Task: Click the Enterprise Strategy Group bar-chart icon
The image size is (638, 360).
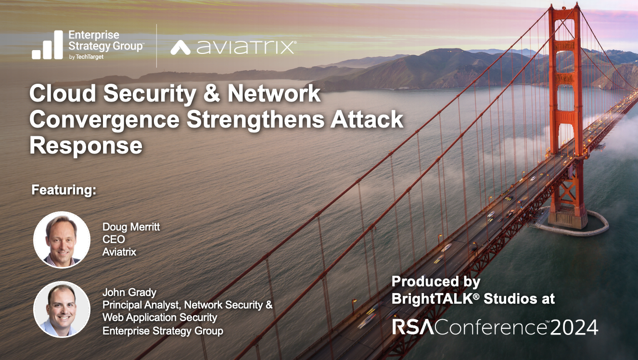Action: (47, 45)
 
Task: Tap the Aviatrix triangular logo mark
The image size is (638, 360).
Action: (180, 47)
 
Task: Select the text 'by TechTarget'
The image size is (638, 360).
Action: (86, 57)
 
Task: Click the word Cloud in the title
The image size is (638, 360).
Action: (63, 93)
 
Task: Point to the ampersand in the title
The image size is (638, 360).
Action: (212, 93)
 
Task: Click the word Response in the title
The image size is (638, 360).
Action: (86, 146)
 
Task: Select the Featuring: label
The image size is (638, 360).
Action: (64, 190)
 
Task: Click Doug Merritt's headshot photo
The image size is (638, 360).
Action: (62, 240)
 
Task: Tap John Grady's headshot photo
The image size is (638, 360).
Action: (62, 309)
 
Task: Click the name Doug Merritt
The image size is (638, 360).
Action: (131, 227)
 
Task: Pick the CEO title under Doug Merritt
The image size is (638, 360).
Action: (114, 239)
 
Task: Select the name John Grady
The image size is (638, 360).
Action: (129, 293)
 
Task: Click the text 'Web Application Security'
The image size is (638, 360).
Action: (160, 318)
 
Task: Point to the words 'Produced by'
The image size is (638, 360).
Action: (436, 282)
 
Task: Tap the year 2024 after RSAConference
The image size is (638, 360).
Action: (574, 328)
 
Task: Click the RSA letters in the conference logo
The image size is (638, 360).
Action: (413, 327)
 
